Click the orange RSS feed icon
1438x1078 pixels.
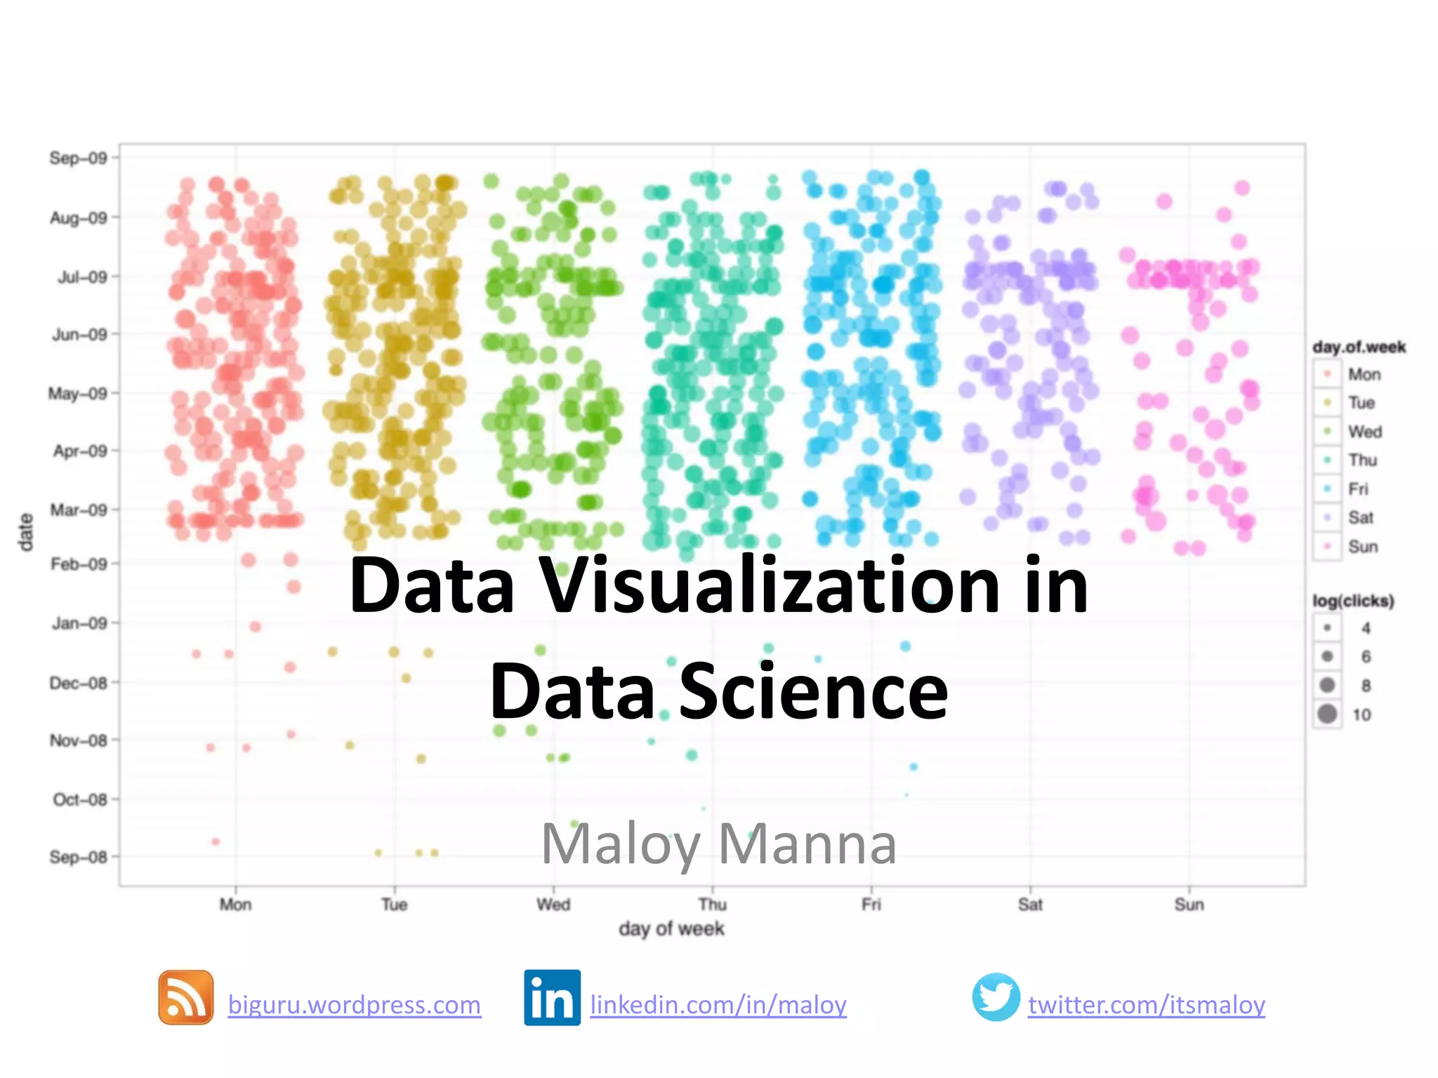[x=186, y=997]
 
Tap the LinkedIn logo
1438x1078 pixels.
[x=552, y=997]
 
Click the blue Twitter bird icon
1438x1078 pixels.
[x=996, y=997]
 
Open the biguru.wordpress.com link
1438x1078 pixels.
[x=355, y=1005]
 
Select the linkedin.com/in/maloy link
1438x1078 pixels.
[x=718, y=1005]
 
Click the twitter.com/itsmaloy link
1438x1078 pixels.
[x=1147, y=1005]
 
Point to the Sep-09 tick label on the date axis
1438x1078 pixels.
[x=78, y=158]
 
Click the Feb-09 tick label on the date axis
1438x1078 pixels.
[x=79, y=564]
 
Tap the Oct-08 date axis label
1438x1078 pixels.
[x=79, y=799]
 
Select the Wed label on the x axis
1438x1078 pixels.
[x=553, y=905]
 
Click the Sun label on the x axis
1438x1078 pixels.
[x=1189, y=905]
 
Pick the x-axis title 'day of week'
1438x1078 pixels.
[x=671, y=929]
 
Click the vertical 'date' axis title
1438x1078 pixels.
[x=26, y=532]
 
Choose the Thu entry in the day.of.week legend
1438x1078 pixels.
[x=1362, y=460]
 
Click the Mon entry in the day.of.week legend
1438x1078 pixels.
[x=1364, y=375]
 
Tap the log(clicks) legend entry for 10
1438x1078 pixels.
[x=1361, y=714]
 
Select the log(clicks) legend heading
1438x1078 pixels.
[x=1353, y=601]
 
